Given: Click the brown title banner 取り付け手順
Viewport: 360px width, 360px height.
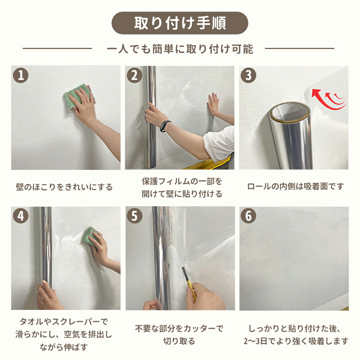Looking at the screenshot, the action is click(180, 23).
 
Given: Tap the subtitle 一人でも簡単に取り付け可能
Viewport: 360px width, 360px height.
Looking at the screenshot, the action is click(180, 49).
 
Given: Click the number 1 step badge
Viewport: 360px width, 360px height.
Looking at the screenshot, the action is click(21, 75).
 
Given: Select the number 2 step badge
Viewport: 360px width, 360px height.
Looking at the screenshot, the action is click(135, 75).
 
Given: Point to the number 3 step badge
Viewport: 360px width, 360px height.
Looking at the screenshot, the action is click(248, 75).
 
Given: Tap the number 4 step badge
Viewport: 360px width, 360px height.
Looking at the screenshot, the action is click(21, 216).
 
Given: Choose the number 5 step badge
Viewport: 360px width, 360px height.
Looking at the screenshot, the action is click(135, 216).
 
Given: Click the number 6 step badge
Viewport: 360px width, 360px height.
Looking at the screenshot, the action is click(248, 216).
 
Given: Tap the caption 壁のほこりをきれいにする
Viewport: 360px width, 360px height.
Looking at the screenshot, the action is click(64, 187).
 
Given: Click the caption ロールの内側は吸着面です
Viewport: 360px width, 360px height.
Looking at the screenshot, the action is click(296, 186).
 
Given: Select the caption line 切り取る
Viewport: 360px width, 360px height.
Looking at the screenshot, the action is click(179, 341).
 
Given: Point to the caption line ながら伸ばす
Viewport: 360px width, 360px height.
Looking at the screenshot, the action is click(64, 347).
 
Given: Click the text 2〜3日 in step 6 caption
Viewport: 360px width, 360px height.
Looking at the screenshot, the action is click(255, 341).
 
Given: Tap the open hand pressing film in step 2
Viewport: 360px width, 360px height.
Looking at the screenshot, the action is click(213, 104).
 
